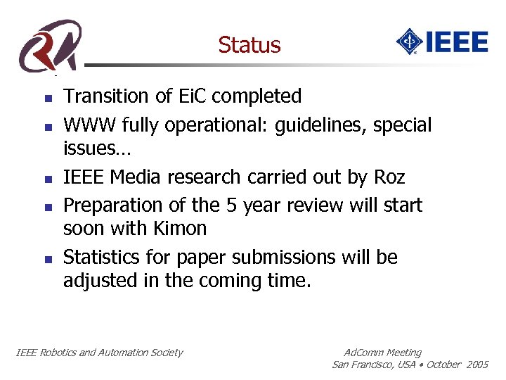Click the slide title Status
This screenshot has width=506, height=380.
coord(249,45)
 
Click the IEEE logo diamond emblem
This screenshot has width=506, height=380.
coord(408,42)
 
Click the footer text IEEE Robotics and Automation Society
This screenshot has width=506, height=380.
coord(99,353)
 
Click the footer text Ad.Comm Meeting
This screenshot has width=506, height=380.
coord(383,353)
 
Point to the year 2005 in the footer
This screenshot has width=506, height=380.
coord(476,365)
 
